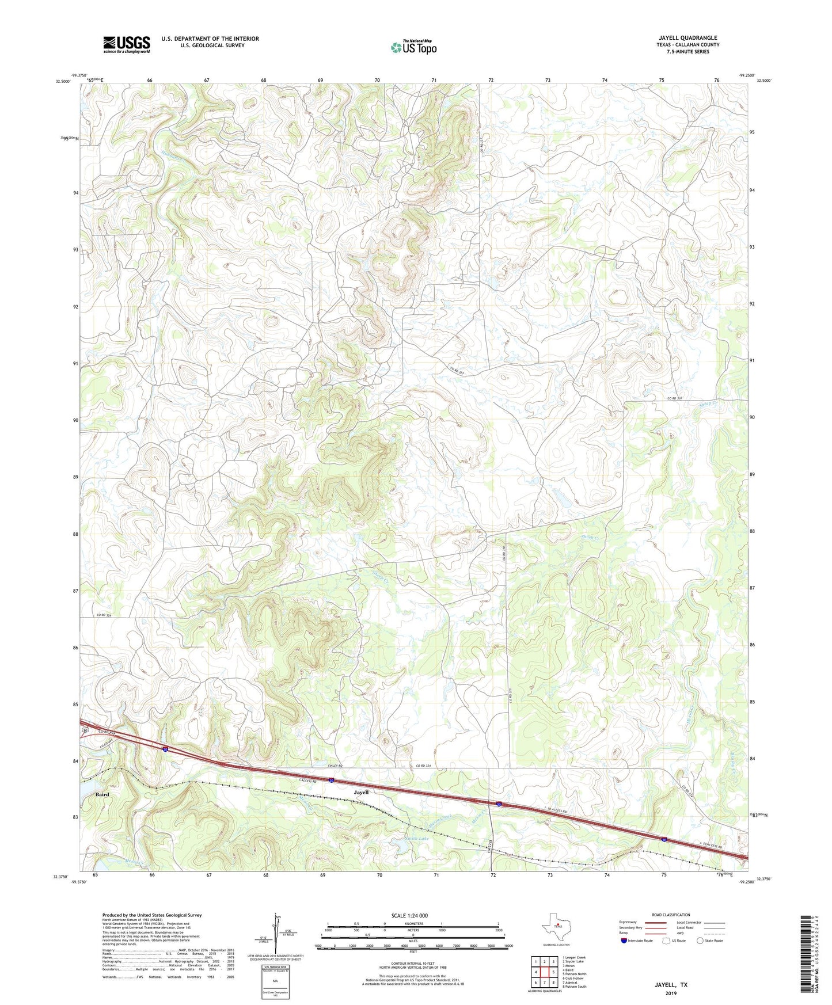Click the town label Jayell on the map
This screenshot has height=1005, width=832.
(x=361, y=792)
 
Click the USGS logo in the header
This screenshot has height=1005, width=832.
(x=127, y=44)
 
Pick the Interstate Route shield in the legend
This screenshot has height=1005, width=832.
(x=625, y=941)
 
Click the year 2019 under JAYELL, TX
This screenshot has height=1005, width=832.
(x=671, y=993)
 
